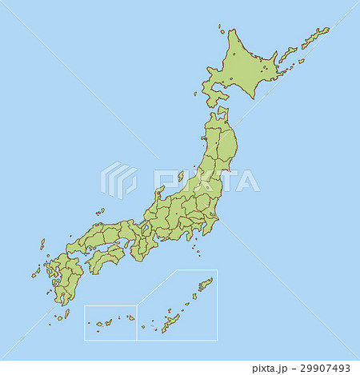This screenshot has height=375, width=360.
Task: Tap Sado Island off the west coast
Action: [181, 176]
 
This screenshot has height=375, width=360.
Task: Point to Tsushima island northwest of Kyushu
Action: [42, 244]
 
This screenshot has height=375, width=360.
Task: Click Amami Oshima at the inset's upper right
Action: [205, 284]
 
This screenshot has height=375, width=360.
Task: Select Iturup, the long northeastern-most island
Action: [316, 36]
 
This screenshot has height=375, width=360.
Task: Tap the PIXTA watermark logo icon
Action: [118, 181]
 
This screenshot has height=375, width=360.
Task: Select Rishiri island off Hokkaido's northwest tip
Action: [221, 31]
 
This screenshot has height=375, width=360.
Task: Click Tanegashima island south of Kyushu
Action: [70, 302]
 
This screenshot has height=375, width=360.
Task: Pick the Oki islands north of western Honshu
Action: [101, 212]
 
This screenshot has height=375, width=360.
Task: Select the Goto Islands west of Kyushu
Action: [35, 273]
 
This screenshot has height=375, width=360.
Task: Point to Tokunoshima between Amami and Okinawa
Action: [192, 298]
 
